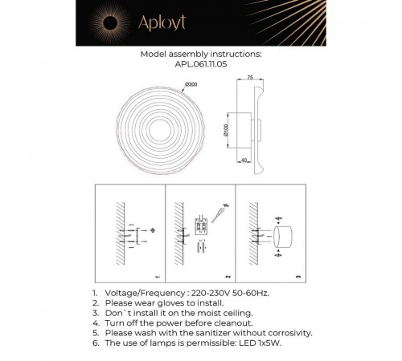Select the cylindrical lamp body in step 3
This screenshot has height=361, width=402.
(282, 237)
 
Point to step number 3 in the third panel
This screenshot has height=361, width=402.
(297, 278)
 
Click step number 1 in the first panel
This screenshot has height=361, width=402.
(157, 278)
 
